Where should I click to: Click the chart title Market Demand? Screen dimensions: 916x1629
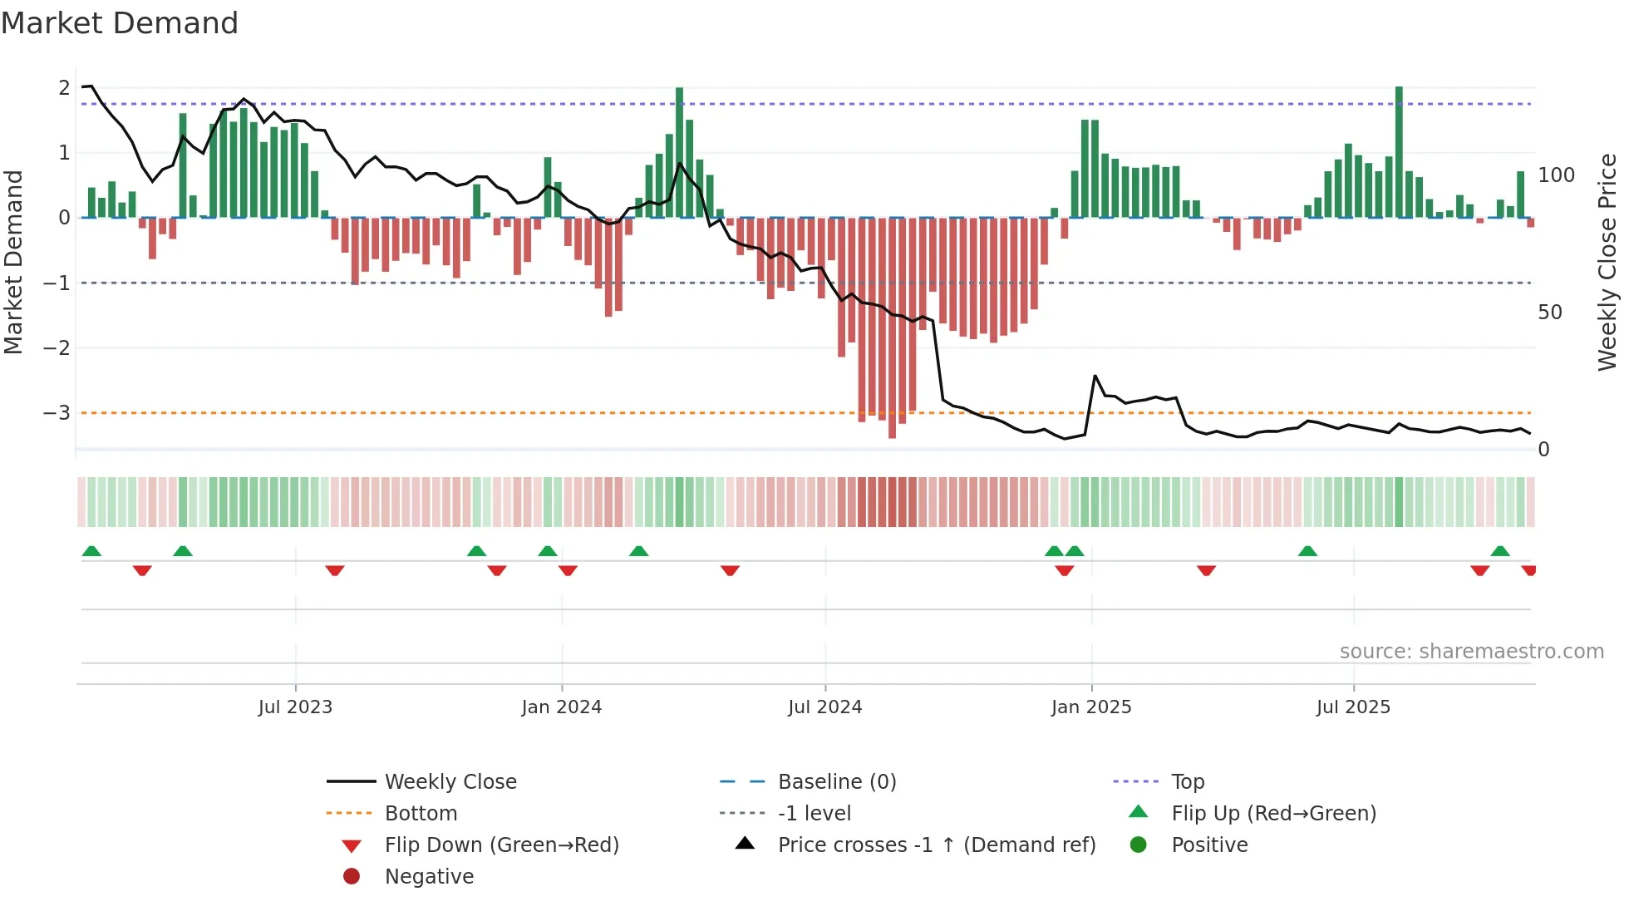point(120,23)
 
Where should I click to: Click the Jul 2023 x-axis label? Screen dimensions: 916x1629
point(295,707)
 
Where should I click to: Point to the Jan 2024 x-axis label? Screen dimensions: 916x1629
point(561,707)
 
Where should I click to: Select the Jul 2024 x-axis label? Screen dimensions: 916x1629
point(824,707)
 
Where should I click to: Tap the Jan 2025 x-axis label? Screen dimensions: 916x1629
point(1090,707)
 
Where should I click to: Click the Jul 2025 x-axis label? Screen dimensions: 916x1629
point(1353,707)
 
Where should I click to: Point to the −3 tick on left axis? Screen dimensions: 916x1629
point(57,413)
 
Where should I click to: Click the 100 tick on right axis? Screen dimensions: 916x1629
point(1556,175)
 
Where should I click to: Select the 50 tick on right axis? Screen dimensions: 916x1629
point(1550,313)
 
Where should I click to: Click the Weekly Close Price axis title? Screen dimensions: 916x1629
point(1607,262)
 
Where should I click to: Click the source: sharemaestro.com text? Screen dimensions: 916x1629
point(1471,652)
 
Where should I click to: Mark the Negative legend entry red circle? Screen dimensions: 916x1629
point(352,877)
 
